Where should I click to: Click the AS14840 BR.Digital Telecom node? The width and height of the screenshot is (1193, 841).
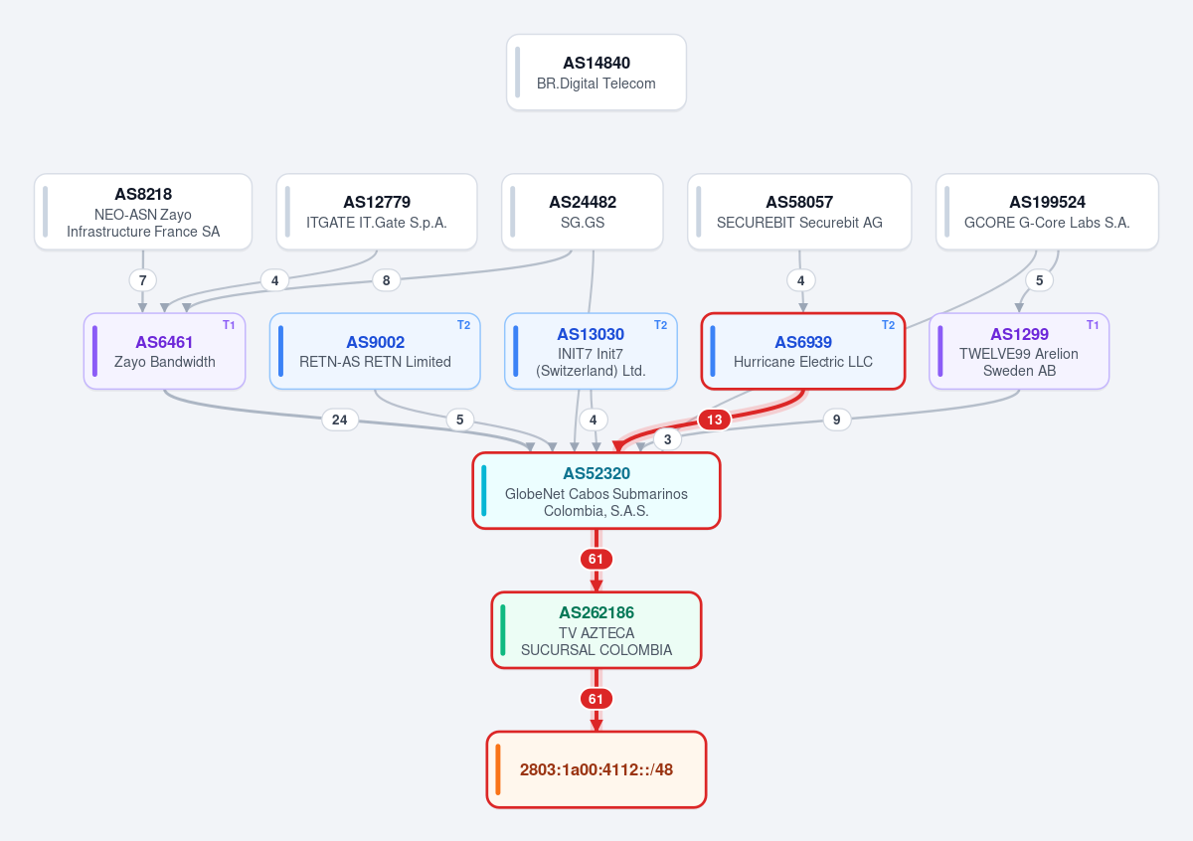click(x=596, y=73)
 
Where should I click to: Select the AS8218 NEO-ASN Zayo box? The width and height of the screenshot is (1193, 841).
click(x=143, y=212)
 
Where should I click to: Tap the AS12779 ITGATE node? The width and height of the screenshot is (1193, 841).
click(x=377, y=212)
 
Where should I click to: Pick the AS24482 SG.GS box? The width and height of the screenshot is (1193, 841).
click(x=583, y=212)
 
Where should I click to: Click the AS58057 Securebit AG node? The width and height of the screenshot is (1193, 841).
click(x=799, y=212)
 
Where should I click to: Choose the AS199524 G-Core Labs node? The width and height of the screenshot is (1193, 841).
click(x=1047, y=212)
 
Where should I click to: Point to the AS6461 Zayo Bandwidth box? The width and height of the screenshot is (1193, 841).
click(x=165, y=351)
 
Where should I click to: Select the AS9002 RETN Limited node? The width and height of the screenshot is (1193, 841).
click(x=375, y=351)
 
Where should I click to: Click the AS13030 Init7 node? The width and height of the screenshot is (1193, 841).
click(x=591, y=351)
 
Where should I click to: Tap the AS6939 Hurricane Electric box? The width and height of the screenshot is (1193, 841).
click(x=803, y=351)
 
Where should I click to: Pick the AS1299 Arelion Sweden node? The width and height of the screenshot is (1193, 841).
click(x=1019, y=351)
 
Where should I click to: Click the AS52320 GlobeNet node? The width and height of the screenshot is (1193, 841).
click(x=596, y=490)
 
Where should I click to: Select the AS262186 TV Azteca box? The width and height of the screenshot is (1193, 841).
click(x=596, y=630)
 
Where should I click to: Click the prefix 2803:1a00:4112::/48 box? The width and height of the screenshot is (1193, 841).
click(x=596, y=769)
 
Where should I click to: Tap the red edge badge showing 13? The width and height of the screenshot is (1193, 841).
click(x=714, y=420)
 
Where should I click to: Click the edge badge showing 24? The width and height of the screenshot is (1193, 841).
click(x=340, y=420)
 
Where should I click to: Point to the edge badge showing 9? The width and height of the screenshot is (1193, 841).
click(x=837, y=420)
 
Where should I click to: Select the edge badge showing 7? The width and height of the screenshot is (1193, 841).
click(x=143, y=280)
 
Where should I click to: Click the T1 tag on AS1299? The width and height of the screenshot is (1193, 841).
click(x=1093, y=325)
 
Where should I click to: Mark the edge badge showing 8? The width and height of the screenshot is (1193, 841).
click(x=386, y=280)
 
